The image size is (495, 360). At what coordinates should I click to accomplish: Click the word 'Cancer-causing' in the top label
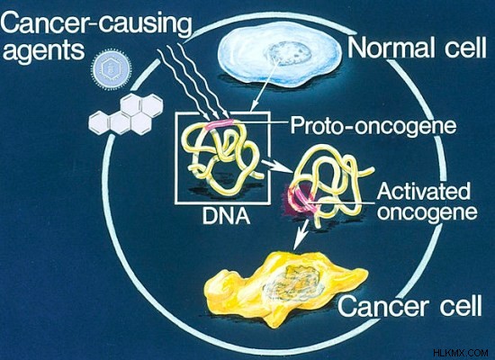coord(96,23)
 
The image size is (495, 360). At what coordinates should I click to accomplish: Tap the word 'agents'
coord(43,50)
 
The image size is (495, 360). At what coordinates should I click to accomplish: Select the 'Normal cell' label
coord(417,48)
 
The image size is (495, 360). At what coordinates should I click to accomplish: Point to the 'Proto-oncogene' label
coord(373,125)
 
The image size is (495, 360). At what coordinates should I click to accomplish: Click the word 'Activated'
coord(423,191)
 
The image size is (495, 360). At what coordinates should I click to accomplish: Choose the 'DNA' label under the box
coord(226,216)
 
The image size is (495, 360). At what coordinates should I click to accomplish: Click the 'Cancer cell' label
coord(410,305)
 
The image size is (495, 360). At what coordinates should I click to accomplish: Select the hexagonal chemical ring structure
coord(126,114)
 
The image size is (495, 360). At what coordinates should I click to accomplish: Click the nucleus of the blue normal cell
coord(287,53)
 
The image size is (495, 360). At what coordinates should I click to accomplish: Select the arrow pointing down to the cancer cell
coord(301,234)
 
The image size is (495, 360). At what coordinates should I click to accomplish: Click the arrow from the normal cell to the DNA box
coord(265,85)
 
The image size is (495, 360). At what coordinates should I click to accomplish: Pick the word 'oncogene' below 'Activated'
coord(427,212)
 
